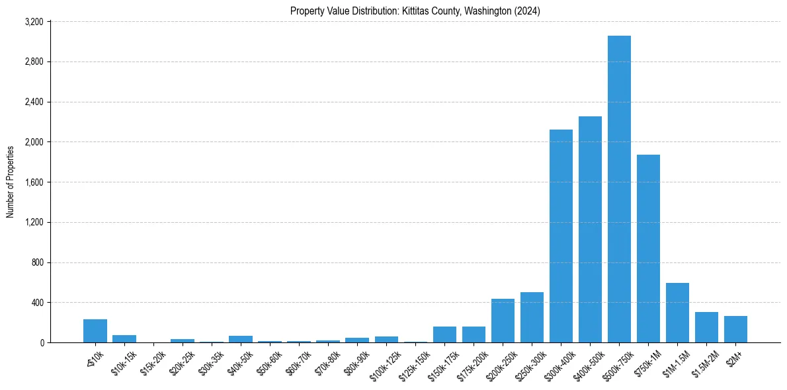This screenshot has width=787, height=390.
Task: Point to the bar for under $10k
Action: coord(95,331)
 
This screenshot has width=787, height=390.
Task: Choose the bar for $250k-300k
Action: coord(532,317)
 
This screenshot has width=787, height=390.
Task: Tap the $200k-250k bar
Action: coord(503,321)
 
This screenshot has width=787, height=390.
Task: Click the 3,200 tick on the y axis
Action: coord(34,22)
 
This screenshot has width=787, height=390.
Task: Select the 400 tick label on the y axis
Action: coord(37,303)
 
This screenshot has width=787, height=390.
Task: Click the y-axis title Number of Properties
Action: coord(10,182)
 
